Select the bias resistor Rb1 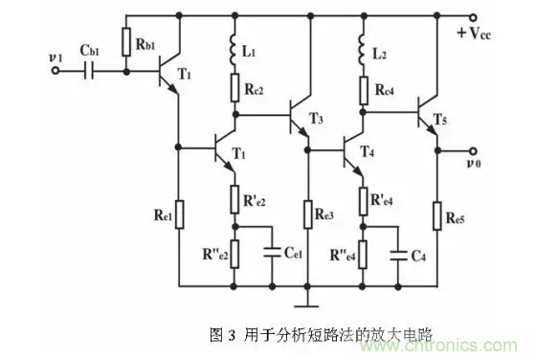coord(126,41)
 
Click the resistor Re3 coord(306,213)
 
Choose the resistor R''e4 coord(363,254)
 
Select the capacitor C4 coord(398,254)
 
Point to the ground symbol coord(306,305)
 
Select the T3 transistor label coord(318,118)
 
